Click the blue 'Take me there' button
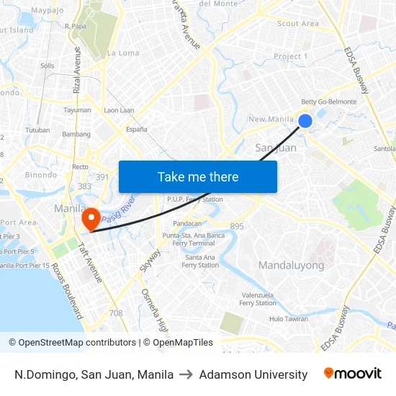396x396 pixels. click(198, 177)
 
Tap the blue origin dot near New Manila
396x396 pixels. click(305, 121)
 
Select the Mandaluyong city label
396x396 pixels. click(291, 265)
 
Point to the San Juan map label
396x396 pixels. click(276, 148)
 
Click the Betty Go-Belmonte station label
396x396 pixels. click(328, 102)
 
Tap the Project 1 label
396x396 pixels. click(291, 56)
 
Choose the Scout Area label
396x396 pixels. click(298, 24)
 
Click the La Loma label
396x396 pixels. click(123, 53)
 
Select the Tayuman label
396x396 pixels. click(78, 110)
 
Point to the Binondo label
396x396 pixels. click(41, 175)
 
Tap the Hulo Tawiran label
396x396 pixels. click(289, 319)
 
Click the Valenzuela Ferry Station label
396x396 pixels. click(258, 299)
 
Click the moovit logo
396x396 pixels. click(353, 374)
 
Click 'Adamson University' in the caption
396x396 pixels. click(253, 374)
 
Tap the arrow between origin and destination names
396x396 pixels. click(186, 374)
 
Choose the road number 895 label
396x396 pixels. click(237, 226)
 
